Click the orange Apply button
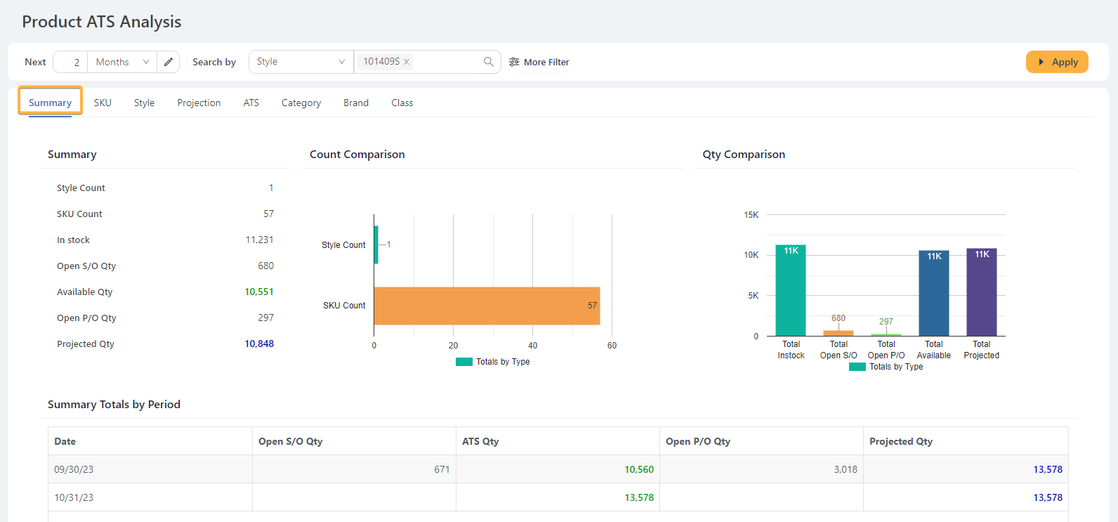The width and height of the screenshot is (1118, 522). click(1057, 62)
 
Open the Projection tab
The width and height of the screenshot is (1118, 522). click(199, 103)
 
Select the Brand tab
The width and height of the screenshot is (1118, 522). click(355, 103)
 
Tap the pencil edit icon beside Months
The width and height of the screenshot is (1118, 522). click(169, 62)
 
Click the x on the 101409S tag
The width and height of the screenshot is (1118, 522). click(407, 62)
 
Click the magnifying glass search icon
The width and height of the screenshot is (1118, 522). click(488, 62)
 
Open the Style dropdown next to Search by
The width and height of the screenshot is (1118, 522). click(301, 62)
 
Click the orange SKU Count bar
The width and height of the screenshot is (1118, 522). click(487, 306)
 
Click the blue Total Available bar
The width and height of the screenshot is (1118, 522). click(933, 295)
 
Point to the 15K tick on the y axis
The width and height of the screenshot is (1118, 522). click(751, 215)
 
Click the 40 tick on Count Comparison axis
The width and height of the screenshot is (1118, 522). click(532, 346)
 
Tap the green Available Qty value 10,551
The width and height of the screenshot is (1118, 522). click(259, 292)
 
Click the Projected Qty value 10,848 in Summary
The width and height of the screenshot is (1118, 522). click(259, 344)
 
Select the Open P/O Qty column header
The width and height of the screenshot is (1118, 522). click(698, 441)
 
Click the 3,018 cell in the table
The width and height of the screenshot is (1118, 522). click(846, 469)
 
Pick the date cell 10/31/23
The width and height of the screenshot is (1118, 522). click(74, 497)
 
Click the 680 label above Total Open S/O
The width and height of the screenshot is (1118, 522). click(838, 318)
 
